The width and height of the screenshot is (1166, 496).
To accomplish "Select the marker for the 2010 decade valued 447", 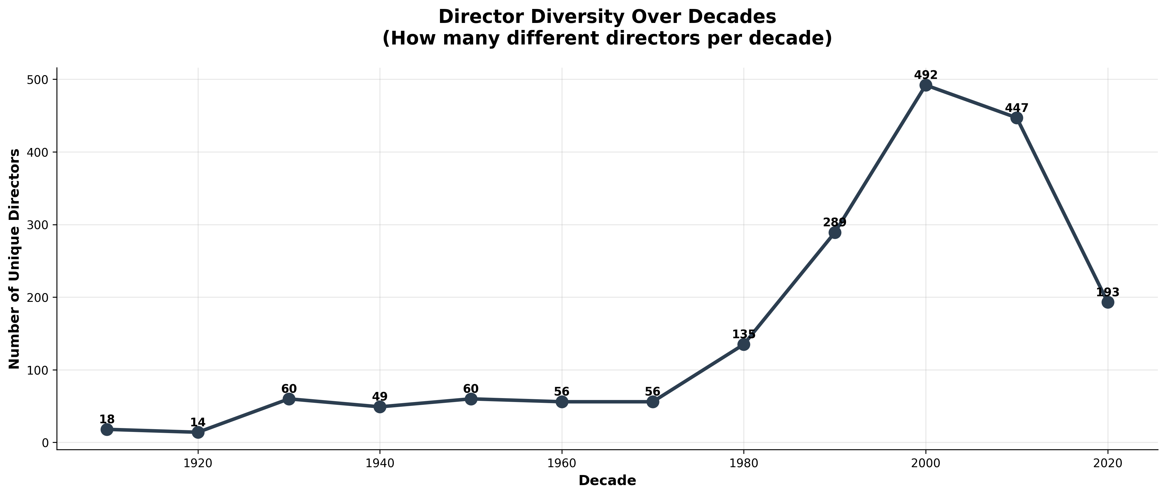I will (1017, 118).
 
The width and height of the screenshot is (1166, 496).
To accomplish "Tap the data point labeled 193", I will (1108, 302).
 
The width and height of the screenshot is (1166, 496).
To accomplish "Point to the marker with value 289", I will (835, 232).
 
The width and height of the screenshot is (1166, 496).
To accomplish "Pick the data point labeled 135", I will (744, 344).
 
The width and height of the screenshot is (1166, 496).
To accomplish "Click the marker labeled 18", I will (107, 429).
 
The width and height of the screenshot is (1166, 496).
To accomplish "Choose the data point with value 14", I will (198, 432).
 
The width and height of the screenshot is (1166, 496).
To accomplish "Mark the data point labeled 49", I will (380, 407).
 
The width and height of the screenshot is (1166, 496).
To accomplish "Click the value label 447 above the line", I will (1017, 108).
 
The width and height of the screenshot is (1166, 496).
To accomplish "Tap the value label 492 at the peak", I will (926, 75).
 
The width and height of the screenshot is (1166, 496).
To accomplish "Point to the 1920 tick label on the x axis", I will (198, 464).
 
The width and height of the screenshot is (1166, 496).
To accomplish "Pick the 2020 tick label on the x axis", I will (1108, 464).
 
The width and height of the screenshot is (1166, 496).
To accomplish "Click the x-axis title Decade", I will (607, 481).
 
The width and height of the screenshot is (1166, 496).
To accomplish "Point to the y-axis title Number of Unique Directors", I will (15, 258).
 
